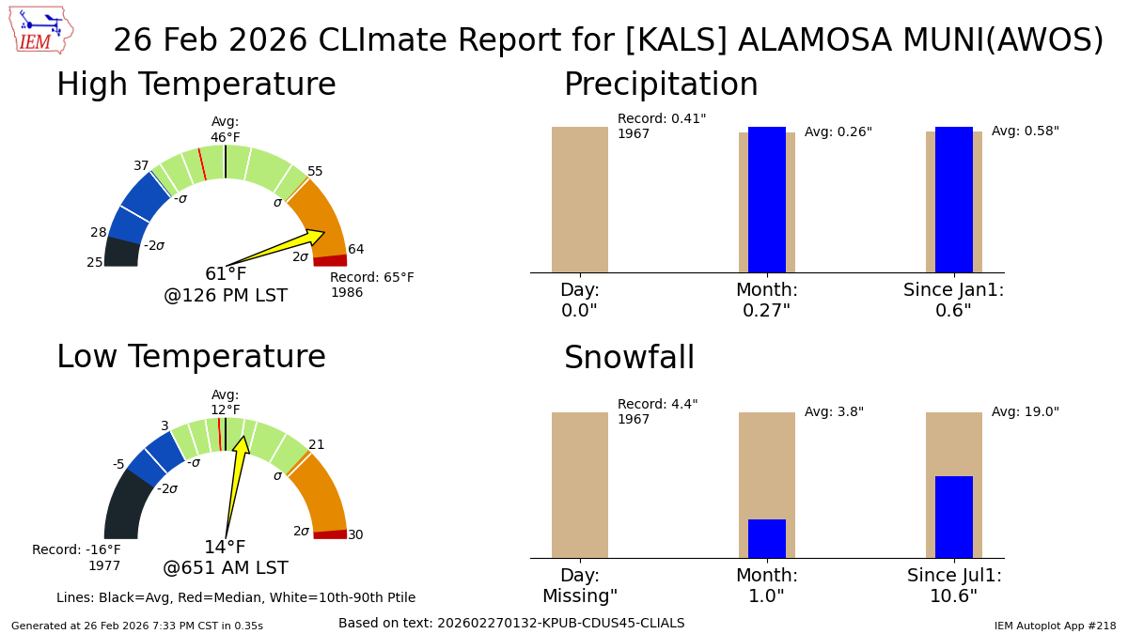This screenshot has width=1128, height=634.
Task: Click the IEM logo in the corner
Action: click(40, 30)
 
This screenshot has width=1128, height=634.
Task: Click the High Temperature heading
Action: click(196, 85)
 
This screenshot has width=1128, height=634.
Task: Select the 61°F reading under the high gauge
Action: click(226, 274)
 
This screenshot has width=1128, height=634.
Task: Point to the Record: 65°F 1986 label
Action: click(371, 286)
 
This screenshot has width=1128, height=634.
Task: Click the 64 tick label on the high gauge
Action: click(356, 250)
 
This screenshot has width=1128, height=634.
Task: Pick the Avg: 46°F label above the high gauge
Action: click(226, 130)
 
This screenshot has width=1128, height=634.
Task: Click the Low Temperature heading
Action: click(191, 358)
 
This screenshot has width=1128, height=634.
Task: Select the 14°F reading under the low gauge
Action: click(226, 548)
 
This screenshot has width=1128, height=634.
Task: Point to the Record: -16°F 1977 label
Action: click(76, 558)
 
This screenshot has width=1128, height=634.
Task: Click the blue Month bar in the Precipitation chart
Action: click(767, 199)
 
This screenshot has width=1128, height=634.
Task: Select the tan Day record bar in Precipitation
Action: click(580, 199)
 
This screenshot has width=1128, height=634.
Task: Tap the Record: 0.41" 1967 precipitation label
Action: click(661, 127)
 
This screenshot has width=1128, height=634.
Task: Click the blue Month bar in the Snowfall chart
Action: click(767, 538)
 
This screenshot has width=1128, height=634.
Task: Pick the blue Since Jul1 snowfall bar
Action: click(954, 517)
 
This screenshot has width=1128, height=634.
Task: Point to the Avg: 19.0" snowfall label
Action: click(1025, 412)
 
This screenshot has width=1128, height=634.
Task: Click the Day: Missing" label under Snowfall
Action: click(580, 586)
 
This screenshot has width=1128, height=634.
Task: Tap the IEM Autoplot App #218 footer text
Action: click(1055, 626)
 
